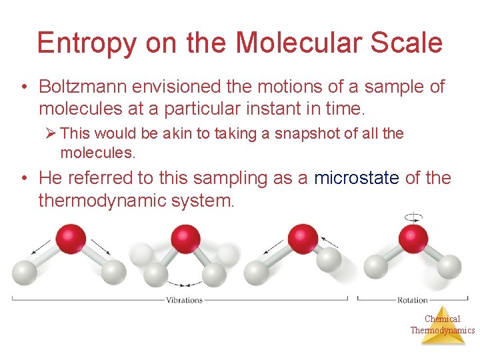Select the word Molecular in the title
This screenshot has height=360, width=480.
pyautogui.click(x=297, y=43)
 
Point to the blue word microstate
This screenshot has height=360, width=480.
pyautogui.click(x=356, y=178)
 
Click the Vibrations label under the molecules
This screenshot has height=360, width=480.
pyautogui.click(x=184, y=300)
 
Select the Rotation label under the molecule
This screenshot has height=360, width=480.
pyautogui.click(x=413, y=300)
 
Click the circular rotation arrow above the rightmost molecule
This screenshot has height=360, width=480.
pyautogui.click(x=414, y=217)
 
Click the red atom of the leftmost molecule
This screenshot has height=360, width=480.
pyautogui.click(x=71, y=239)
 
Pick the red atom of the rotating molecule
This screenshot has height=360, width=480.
pyautogui.click(x=413, y=238)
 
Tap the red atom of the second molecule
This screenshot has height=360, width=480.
pyautogui.click(x=185, y=239)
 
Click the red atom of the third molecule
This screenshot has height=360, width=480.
pyautogui.click(x=301, y=238)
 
